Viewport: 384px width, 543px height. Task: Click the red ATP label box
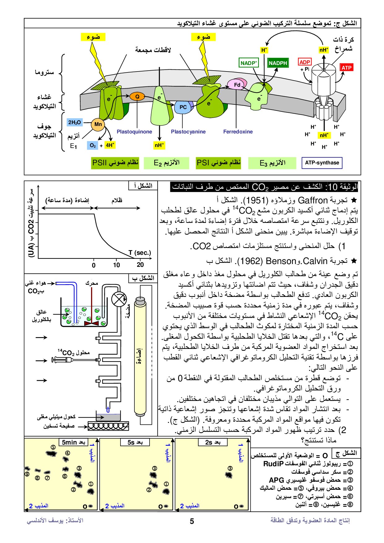(x=346, y=68)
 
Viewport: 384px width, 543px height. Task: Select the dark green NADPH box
(x=278, y=63)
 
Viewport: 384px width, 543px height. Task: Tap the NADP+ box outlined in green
(x=249, y=63)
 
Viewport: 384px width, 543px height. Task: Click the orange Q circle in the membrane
(x=137, y=97)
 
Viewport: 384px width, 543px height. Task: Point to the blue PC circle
(x=183, y=107)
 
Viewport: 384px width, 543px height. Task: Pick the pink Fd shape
(x=237, y=85)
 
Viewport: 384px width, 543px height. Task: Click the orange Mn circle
(x=98, y=124)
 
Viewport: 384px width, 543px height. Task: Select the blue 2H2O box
(x=75, y=123)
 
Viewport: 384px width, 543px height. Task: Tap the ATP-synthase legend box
(x=322, y=163)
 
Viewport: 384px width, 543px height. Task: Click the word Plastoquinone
(x=134, y=132)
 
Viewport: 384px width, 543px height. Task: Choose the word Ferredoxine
(x=238, y=132)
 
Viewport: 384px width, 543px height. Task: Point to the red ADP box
(x=305, y=62)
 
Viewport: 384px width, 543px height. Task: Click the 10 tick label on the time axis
(x=116, y=265)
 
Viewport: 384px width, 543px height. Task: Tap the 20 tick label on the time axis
(x=140, y=265)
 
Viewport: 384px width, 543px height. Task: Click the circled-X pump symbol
(x=119, y=299)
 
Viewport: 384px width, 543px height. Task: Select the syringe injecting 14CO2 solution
(x=74, y=359)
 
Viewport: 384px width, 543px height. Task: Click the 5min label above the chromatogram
(x=69, y=442)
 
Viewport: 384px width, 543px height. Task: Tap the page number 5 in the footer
(x=192, y=521)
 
